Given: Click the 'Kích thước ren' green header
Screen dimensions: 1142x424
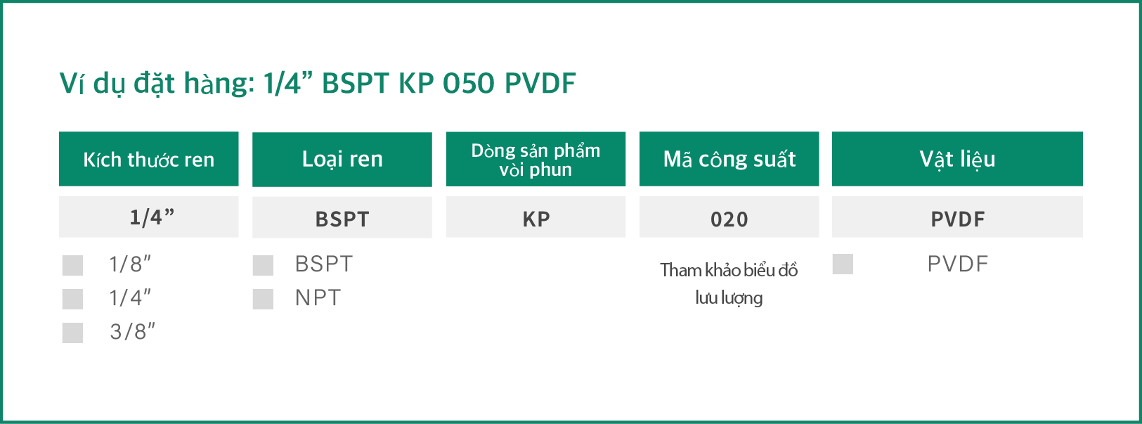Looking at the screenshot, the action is [x=149, y=159].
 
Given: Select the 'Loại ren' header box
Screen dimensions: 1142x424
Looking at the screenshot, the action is [x=342, y=159].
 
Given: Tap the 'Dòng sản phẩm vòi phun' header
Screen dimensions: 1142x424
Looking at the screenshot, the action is [x=536, y=159].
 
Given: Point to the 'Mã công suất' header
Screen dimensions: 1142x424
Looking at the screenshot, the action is [x=729, y=159].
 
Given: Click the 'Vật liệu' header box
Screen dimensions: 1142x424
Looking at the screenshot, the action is [x=957, y=159].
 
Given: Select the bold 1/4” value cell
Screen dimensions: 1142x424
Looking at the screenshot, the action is [x=149, y=217].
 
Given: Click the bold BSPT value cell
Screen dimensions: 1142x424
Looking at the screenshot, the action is [x=342, y=217].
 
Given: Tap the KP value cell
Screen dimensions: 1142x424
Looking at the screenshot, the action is [x=536, y=217].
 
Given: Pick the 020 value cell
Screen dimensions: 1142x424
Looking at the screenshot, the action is [x=729, y=217].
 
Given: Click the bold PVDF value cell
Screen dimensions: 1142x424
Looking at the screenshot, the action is [x=957, y=217].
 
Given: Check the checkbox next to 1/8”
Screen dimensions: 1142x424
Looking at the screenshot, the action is [x=72, y=265].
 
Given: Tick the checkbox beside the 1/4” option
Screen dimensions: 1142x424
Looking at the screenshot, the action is [x=72, y=299].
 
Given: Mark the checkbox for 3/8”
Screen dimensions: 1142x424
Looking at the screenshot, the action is [x=72, y=333].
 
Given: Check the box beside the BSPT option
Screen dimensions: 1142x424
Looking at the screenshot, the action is [x=263, y=265].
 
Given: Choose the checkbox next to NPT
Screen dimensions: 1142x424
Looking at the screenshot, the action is [x=263, y=299].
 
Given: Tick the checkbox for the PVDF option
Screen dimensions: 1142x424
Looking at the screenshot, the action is [x=843, y=264].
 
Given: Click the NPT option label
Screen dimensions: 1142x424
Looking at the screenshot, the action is [x=318, y=298].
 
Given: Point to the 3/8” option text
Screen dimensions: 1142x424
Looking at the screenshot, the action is [x=132, y=332].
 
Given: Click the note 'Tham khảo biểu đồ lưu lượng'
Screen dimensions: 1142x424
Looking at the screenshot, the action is [x=729, y=284].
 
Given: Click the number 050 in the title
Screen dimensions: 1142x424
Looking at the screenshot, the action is [x=469, y=83].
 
